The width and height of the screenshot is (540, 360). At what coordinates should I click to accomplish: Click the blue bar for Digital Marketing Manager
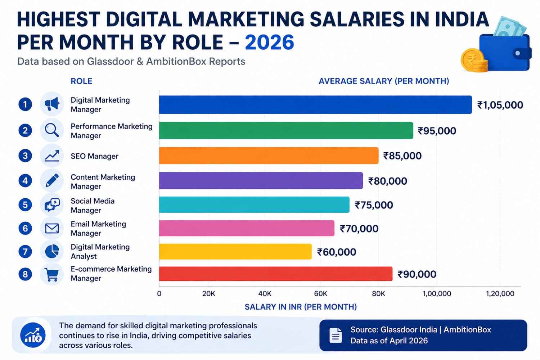(x=315, y=105)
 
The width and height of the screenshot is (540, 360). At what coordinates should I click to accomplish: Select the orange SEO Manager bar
(x=269, y=156)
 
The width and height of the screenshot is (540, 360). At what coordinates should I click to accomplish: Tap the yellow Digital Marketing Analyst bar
(x=235, y=252)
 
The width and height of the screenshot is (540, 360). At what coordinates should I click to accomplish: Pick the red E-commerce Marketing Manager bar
(x=275, y=274)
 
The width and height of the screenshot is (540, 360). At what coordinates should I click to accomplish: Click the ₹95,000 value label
(x=437, y=131)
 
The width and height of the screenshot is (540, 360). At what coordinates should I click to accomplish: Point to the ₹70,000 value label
(x=359, y=229)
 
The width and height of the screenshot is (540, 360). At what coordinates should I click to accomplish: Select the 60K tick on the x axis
(x=320, y=294)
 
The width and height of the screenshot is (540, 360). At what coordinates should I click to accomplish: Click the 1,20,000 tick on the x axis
(x=500, y=294)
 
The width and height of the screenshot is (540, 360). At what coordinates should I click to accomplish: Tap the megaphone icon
(x=52, y=104)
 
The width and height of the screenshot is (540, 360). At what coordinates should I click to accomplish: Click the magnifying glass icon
(x=52, y=130)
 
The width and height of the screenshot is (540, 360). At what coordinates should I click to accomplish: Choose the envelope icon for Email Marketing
(x=52, y=228)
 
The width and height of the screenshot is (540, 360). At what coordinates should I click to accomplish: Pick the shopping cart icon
(x=52, y=275)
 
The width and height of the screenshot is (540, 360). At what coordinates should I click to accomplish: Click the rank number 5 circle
(x=25, y=205)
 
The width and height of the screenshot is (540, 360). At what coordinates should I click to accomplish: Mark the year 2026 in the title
(x=269, y=42)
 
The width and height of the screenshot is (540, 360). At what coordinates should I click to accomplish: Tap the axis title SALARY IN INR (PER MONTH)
(x=301, y=307)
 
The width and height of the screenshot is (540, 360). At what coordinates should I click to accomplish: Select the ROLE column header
(x=81, y=81)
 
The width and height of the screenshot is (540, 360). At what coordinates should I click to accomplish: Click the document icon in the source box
(x=336, y=335)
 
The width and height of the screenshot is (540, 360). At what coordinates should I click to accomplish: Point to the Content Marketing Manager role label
(x=103, y=182)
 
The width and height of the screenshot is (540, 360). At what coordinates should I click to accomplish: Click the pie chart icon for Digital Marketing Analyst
(x=52, y=251)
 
